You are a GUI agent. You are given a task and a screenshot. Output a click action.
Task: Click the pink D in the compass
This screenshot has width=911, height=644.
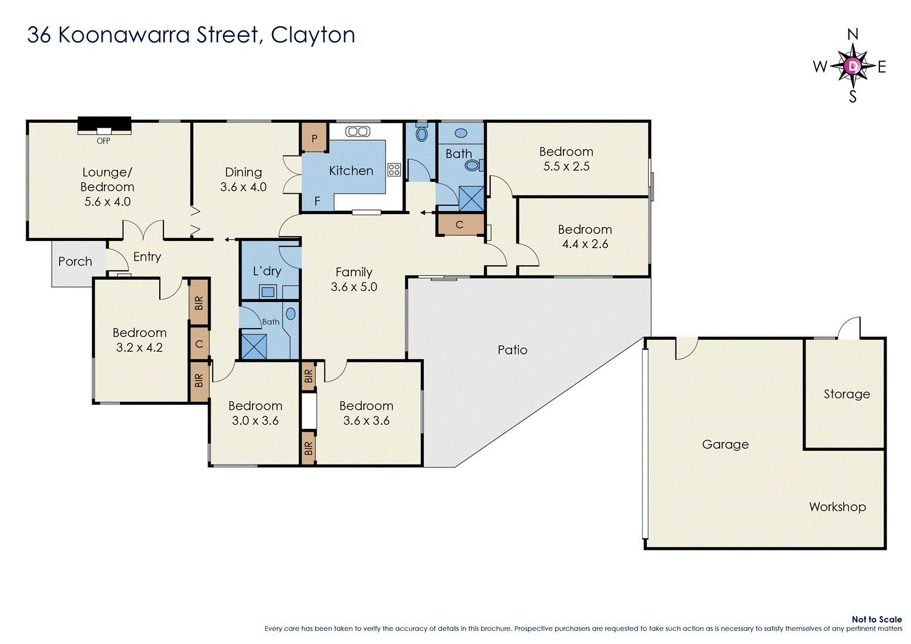(x=853, y=66)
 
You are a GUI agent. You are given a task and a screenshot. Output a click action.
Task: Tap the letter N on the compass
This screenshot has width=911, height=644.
(x=853, y=34)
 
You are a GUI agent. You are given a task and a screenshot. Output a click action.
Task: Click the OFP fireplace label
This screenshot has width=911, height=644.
(x=103, y=141)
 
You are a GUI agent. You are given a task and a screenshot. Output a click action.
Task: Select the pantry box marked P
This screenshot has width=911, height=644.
(x=314, y=138)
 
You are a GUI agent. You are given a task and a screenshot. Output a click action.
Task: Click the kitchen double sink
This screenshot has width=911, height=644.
(x=358, y=131)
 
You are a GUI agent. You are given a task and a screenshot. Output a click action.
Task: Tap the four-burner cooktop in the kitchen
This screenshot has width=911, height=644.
(x=393, y=169)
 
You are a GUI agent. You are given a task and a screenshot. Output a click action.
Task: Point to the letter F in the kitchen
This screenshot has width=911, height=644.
(x=317, y=200)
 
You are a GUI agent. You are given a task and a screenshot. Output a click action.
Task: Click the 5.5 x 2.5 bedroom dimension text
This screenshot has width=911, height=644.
(x=566, y=166)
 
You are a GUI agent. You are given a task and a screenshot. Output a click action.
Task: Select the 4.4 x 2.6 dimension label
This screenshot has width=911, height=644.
(x=585, y=244)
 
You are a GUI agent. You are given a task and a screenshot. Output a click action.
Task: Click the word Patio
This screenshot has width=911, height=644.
(x=513, y=350)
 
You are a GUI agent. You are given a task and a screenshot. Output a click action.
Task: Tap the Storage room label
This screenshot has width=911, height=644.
(x=847, y=394)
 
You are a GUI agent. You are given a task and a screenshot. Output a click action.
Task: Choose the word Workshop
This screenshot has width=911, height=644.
(x=838, y=507)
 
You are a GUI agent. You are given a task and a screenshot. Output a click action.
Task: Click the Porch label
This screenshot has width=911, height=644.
(x=75, y=261)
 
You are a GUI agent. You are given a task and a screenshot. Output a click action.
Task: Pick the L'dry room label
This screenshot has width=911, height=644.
(x=267, y=271)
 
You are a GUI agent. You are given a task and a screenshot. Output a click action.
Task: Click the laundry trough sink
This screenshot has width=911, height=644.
(x=268, y=292)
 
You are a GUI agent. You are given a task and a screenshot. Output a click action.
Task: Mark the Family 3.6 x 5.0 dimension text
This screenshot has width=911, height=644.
(x=354, y=287)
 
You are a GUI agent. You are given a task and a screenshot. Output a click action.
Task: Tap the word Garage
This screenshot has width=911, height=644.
(x=725, y=445)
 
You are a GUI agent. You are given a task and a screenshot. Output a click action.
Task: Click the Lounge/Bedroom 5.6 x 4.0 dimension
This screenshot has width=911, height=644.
(x=107, y=202)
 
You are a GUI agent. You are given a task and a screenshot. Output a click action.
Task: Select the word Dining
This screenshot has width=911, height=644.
(x=243, y=172)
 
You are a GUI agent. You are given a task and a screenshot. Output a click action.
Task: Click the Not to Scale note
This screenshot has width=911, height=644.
(x=876, y=619)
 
